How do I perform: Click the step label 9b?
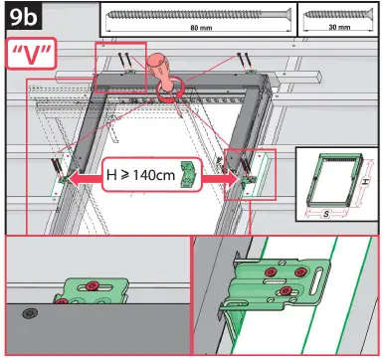click(x=22, y=17)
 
